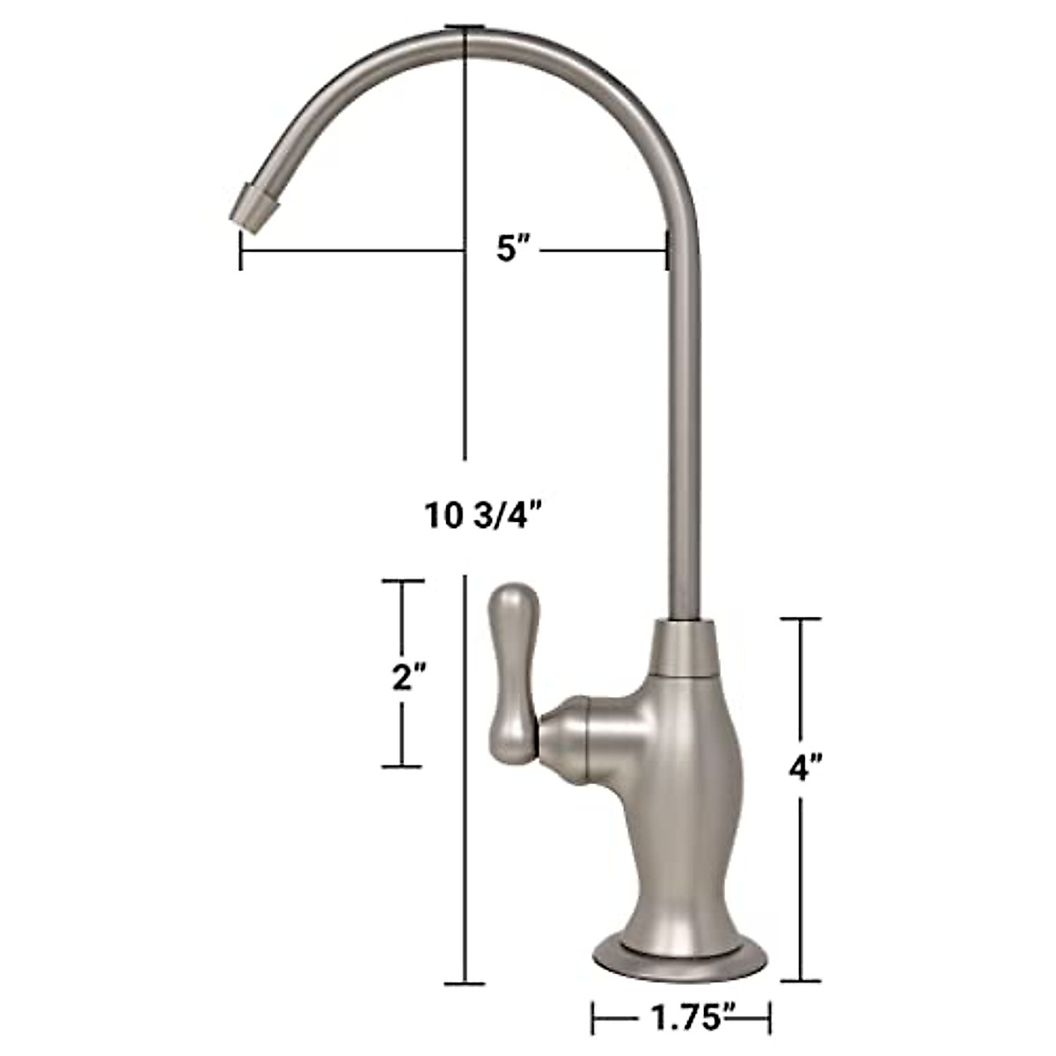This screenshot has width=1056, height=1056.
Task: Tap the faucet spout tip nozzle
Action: tap(253, 209)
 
